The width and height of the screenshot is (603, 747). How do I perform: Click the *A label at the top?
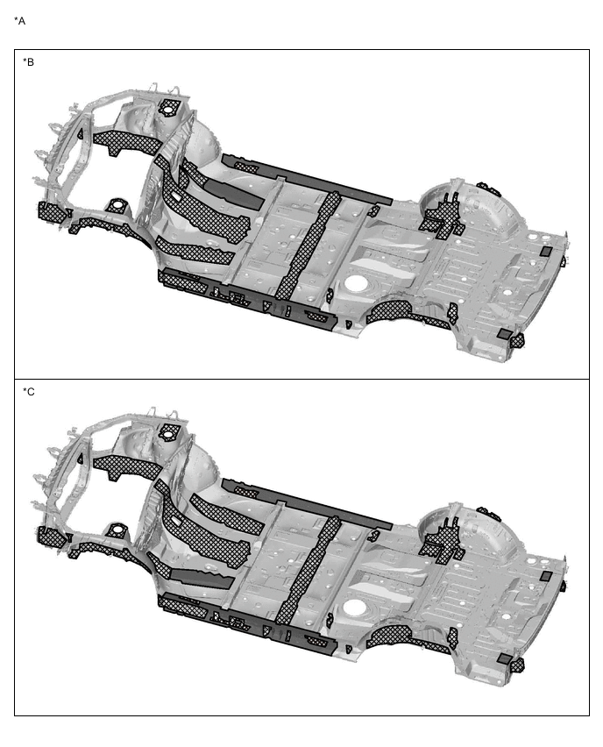point(19,21)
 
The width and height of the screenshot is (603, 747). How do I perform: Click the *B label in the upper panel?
point(29,62)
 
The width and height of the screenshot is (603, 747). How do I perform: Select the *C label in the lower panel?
point(29,392)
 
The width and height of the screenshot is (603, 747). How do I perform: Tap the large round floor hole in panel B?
point(356,282)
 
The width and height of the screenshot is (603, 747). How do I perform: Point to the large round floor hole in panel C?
point(355,607)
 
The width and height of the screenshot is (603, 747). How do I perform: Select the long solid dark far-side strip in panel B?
point(308,179)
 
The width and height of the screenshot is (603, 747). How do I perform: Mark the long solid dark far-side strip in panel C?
point(308,503)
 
